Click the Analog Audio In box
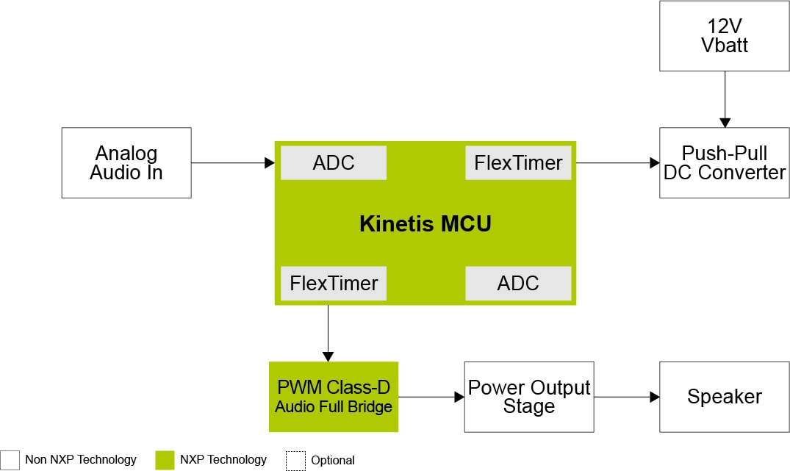pos(126,163)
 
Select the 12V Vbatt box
pos(725,36)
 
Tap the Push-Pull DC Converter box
pos(725,163)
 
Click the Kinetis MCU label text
pos(425,223)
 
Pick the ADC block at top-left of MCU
pos(334,163)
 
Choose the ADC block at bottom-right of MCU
pos(518,283)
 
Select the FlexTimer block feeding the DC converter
pos(518,163)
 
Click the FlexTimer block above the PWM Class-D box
pos(334,283)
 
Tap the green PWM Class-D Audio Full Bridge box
pos(334,397)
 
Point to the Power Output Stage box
pos(529,397)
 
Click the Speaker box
pos(725,397)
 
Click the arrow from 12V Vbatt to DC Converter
pos(725,99)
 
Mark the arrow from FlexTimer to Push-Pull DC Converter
pos(617,163)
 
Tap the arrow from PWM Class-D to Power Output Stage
pos(431,398)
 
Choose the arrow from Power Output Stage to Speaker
pos(626,398)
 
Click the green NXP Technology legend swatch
pos(165,460)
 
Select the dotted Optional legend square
pos(295,460)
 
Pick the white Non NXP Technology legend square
pos(10,460)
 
